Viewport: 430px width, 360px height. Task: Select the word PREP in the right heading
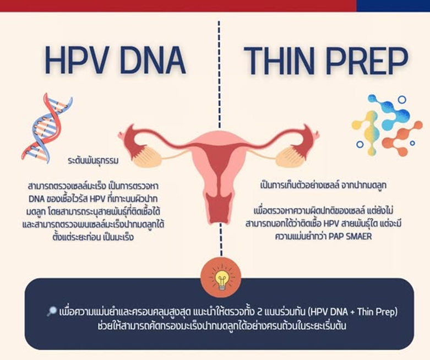[369, 61]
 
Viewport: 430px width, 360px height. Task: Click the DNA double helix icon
[46, 128]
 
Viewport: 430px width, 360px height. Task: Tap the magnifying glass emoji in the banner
[52, 312]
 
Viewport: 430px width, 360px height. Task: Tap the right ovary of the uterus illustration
[290, 156]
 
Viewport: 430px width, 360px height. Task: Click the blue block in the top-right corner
[393, 6]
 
